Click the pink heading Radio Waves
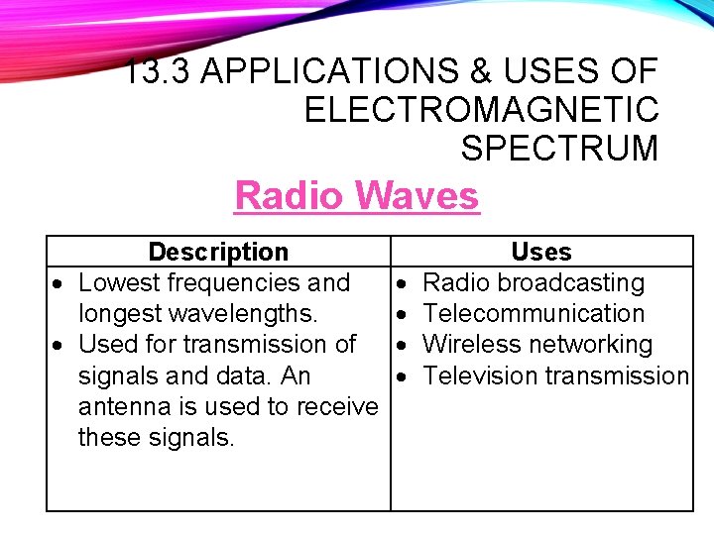tap(356, 195)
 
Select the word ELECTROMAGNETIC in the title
tap(481, 109)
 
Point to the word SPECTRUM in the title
tap(559, 148)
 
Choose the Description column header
tap(218, 253)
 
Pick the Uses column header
tap(540, 253)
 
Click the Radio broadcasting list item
tap(533, 282)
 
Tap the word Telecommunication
tap(534, 313)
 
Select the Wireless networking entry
tap(536, 345)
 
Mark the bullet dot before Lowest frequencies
tap(59, 284)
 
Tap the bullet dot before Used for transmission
tap(59, 346)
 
